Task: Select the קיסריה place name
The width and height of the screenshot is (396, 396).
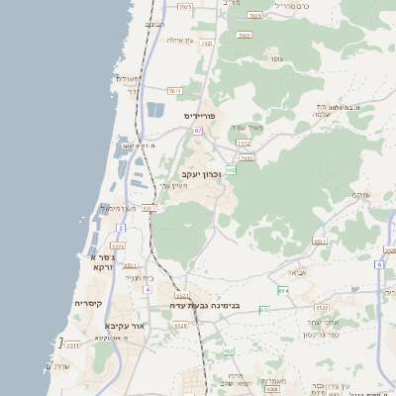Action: pos(88,304)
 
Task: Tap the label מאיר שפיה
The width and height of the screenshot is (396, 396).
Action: pos(247,127)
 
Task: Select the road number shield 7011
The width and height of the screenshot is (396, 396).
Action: pos(255,16)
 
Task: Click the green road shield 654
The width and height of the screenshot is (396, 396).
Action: pos(283,290)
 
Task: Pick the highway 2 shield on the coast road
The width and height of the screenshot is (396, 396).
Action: pos(121,228)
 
